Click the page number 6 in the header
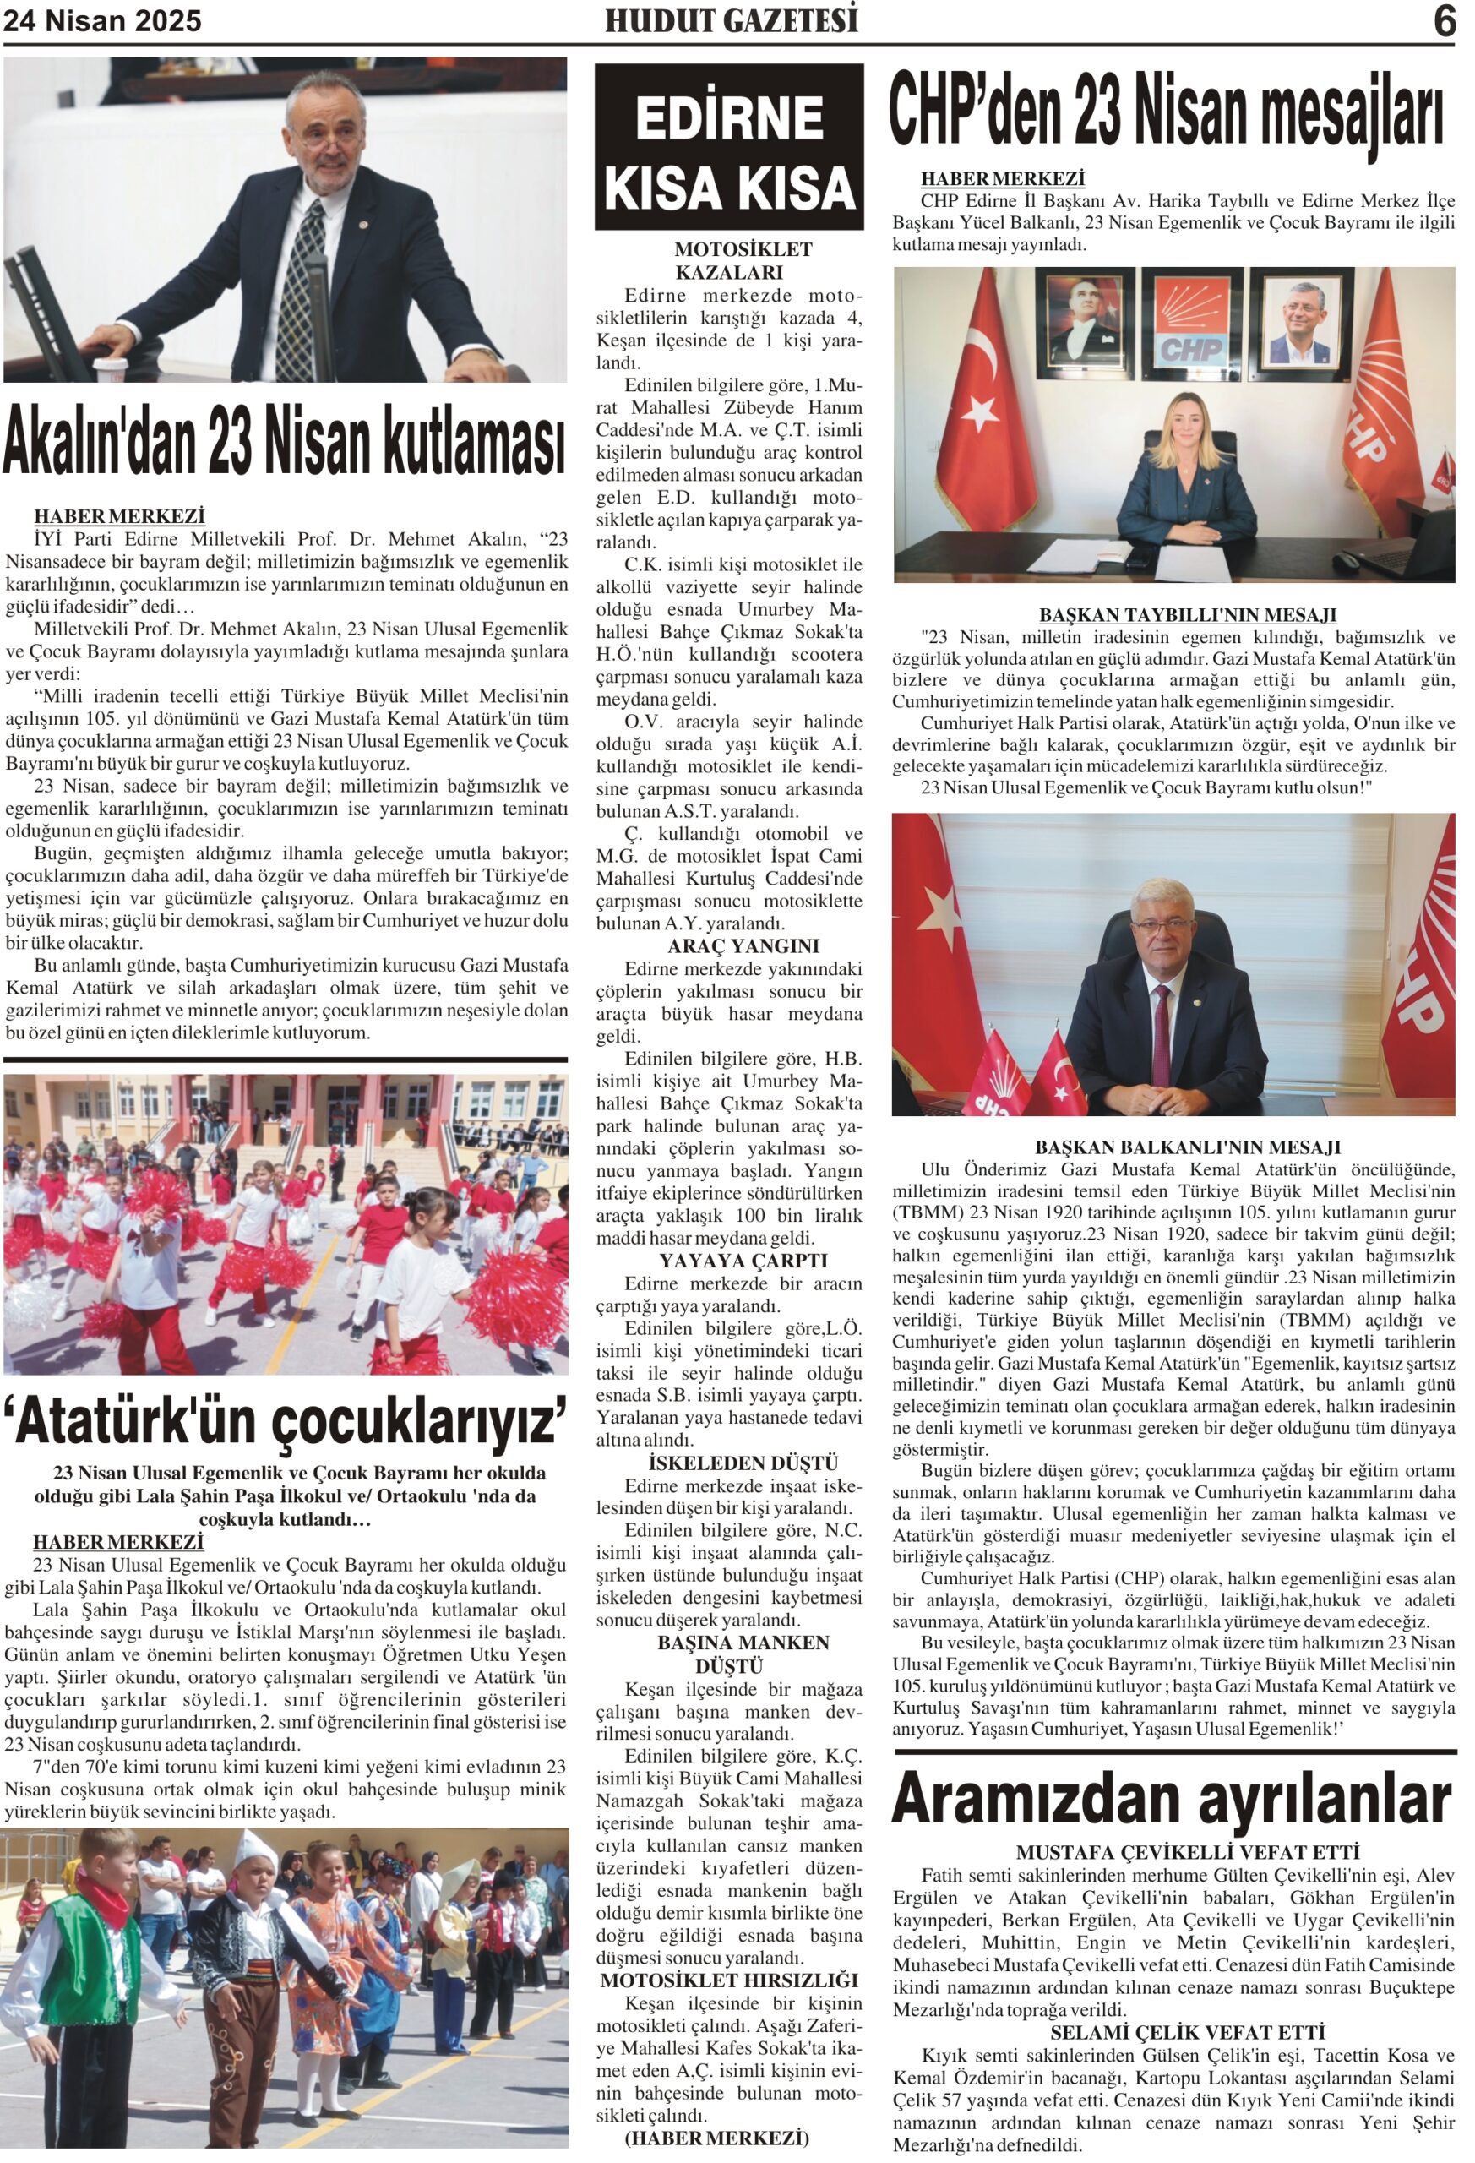coord(1444,20)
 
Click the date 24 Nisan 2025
coord(102,21)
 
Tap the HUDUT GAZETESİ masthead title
coord(731,20)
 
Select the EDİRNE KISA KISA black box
coord(729,147)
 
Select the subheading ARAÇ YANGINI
coord(743,946)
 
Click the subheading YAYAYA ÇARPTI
coord(743,1261)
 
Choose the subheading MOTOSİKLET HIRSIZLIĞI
coord(729,1980)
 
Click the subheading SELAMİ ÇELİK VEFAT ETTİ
coord(1187,2032)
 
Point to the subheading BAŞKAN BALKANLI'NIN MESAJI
coord(1187,1147)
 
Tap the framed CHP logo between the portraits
coord(1191,321)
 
